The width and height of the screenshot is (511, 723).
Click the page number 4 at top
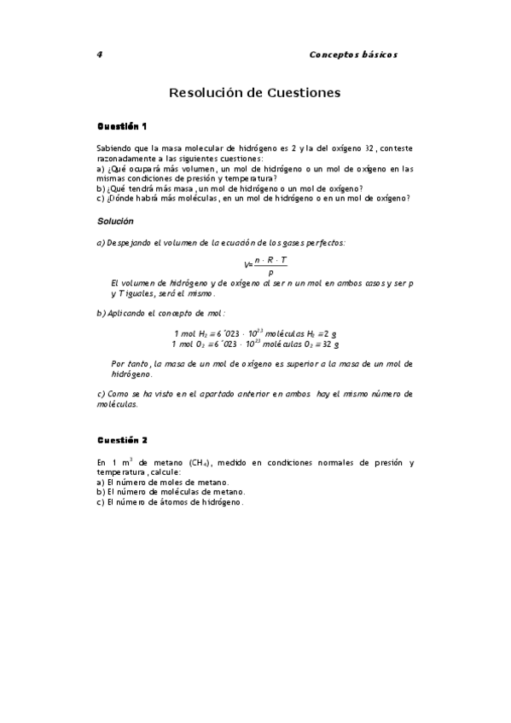coord(100,54)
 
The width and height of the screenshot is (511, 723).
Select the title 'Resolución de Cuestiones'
coord(255,91)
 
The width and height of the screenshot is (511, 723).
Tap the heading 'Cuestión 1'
coord(122,126)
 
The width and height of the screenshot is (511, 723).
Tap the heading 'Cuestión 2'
coord(122,440)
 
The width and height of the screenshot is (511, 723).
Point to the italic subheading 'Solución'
coord(115,222)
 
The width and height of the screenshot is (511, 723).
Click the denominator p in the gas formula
coord(270,272)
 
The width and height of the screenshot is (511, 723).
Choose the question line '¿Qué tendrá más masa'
coord(229,188)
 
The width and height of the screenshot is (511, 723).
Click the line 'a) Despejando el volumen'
coord(221,243)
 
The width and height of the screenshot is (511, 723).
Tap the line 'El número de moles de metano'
coord(163,483)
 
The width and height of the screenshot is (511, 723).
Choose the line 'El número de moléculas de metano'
coord(171,492)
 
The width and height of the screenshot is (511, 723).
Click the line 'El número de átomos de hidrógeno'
coord(170,502)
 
